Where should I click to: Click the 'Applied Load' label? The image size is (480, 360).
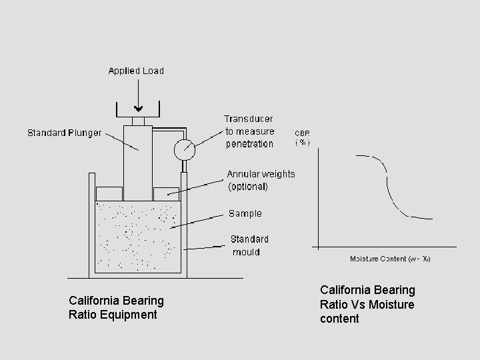[x=136, y=71]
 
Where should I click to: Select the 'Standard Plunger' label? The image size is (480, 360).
[x=65, y=133]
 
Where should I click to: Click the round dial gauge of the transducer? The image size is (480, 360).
[x=183, y=149]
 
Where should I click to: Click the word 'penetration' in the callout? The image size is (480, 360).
[x=249, y=144]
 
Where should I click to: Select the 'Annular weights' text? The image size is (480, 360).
[x=261, y=174]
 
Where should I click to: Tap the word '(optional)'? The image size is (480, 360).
[x=248, y=187]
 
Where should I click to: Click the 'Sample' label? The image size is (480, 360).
[x=245, y=214]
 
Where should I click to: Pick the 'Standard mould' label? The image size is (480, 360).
[x=249, y=245]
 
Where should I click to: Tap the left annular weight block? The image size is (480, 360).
[x=109, y=193]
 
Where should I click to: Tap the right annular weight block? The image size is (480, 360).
[x=167, y=193]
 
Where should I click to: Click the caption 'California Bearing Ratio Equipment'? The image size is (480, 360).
[x=116, y=307]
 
